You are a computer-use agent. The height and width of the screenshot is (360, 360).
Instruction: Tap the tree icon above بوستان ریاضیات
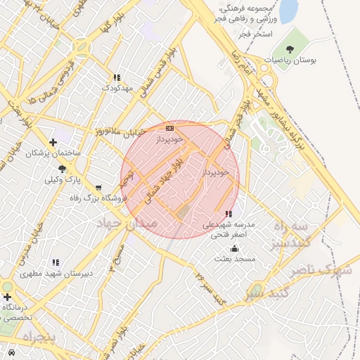coord(290,49)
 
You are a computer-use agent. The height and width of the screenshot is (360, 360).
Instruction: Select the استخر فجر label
coord(254,33)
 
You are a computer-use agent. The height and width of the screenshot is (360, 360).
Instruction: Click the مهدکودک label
coord(116,88)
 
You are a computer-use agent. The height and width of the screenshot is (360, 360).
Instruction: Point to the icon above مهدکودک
coord(117,77)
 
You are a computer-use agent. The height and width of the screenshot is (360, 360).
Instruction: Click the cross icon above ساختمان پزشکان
coord(53,142)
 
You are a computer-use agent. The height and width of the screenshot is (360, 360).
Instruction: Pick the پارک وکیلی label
coord(63,179)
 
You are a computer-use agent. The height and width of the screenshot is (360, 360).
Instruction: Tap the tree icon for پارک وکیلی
coord(63,169)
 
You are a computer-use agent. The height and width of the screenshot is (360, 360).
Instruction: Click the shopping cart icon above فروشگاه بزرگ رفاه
coord(98,188)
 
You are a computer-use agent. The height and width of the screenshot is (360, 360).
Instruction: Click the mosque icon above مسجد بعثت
coord(234,248)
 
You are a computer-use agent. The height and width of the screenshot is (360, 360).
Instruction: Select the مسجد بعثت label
coord(235,259)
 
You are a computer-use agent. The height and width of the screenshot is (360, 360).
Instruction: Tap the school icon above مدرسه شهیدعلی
coord(228,213)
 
